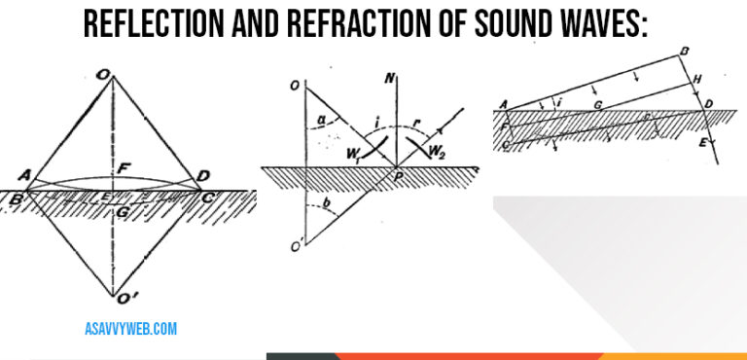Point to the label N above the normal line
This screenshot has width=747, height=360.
(x=387, y=78)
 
